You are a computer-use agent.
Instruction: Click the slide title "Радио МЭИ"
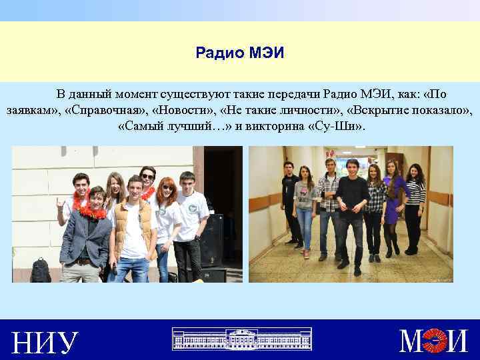(239, 52)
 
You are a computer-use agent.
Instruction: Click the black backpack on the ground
(41, 269)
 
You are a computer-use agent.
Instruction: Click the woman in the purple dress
(393, 207)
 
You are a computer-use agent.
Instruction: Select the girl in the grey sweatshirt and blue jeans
(305, 207)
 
